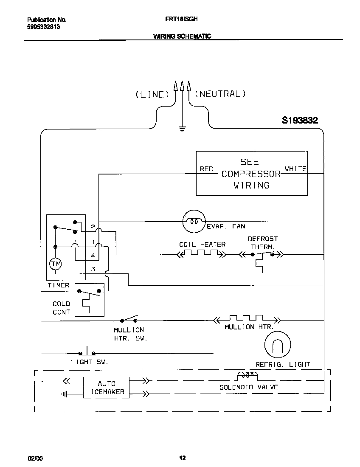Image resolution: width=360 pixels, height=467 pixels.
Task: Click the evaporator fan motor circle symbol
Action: (x=194, y=221)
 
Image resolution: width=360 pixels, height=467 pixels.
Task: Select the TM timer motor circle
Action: (x=56, y=264)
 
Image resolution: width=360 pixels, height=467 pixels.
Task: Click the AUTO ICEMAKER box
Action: (x=106, y=387)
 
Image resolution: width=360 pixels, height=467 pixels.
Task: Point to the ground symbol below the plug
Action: (x=183, y=129)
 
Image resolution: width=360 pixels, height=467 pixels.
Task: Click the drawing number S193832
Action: (x=300, y=121)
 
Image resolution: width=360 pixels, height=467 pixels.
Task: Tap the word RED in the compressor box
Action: (x=206, y=169)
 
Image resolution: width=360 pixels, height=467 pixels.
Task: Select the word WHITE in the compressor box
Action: (x=295, y=169)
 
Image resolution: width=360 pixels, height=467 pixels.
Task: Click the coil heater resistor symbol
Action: (x=201, y=254)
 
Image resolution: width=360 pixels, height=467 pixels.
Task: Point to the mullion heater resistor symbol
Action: (x=246, y=319)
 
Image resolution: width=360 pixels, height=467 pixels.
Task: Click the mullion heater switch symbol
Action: (x=129, y=319)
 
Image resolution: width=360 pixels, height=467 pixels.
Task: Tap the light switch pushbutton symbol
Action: (x=87, y=352)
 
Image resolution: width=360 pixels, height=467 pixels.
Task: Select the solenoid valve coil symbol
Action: (x=247, y=375)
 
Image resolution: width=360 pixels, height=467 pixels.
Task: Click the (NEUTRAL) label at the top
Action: (x=220, y=94)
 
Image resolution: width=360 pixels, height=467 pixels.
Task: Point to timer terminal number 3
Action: (x=93, y=269)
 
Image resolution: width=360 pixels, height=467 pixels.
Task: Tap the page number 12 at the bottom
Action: (x=182, y=458)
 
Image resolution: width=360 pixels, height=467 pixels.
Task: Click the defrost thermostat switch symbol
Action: (x=262, y=255)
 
